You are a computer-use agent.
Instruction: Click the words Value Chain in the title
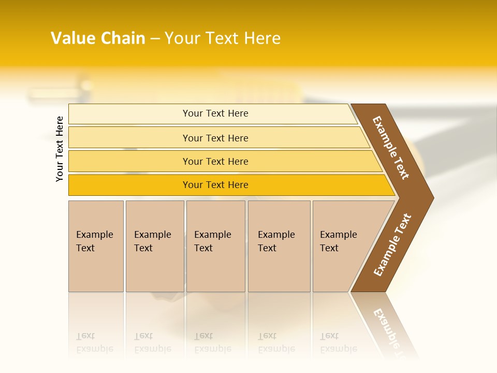click(x=98, y=38)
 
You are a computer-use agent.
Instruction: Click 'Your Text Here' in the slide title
click(x=223, y=38)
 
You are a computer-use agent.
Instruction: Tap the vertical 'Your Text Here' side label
click(x=60, y=149)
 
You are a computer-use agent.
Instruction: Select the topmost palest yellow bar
click(x=129, y=114)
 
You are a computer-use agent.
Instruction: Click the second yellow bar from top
click(x=129, y=138)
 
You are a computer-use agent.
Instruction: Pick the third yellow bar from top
click(x=129, y=161)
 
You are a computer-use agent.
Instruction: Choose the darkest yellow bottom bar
click(x=129, y=185)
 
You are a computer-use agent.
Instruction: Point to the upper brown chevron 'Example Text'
click(x=391, y=148)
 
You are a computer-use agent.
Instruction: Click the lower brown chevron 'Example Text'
click(x=392, y=245)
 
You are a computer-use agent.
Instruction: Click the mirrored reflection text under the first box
click(x=94, y=342)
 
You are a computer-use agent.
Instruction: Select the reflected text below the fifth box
click(x=338, y=342)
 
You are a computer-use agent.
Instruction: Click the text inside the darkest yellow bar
click(x=215, y=185)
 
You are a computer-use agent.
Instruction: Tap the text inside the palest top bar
click(x=215, y=113)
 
